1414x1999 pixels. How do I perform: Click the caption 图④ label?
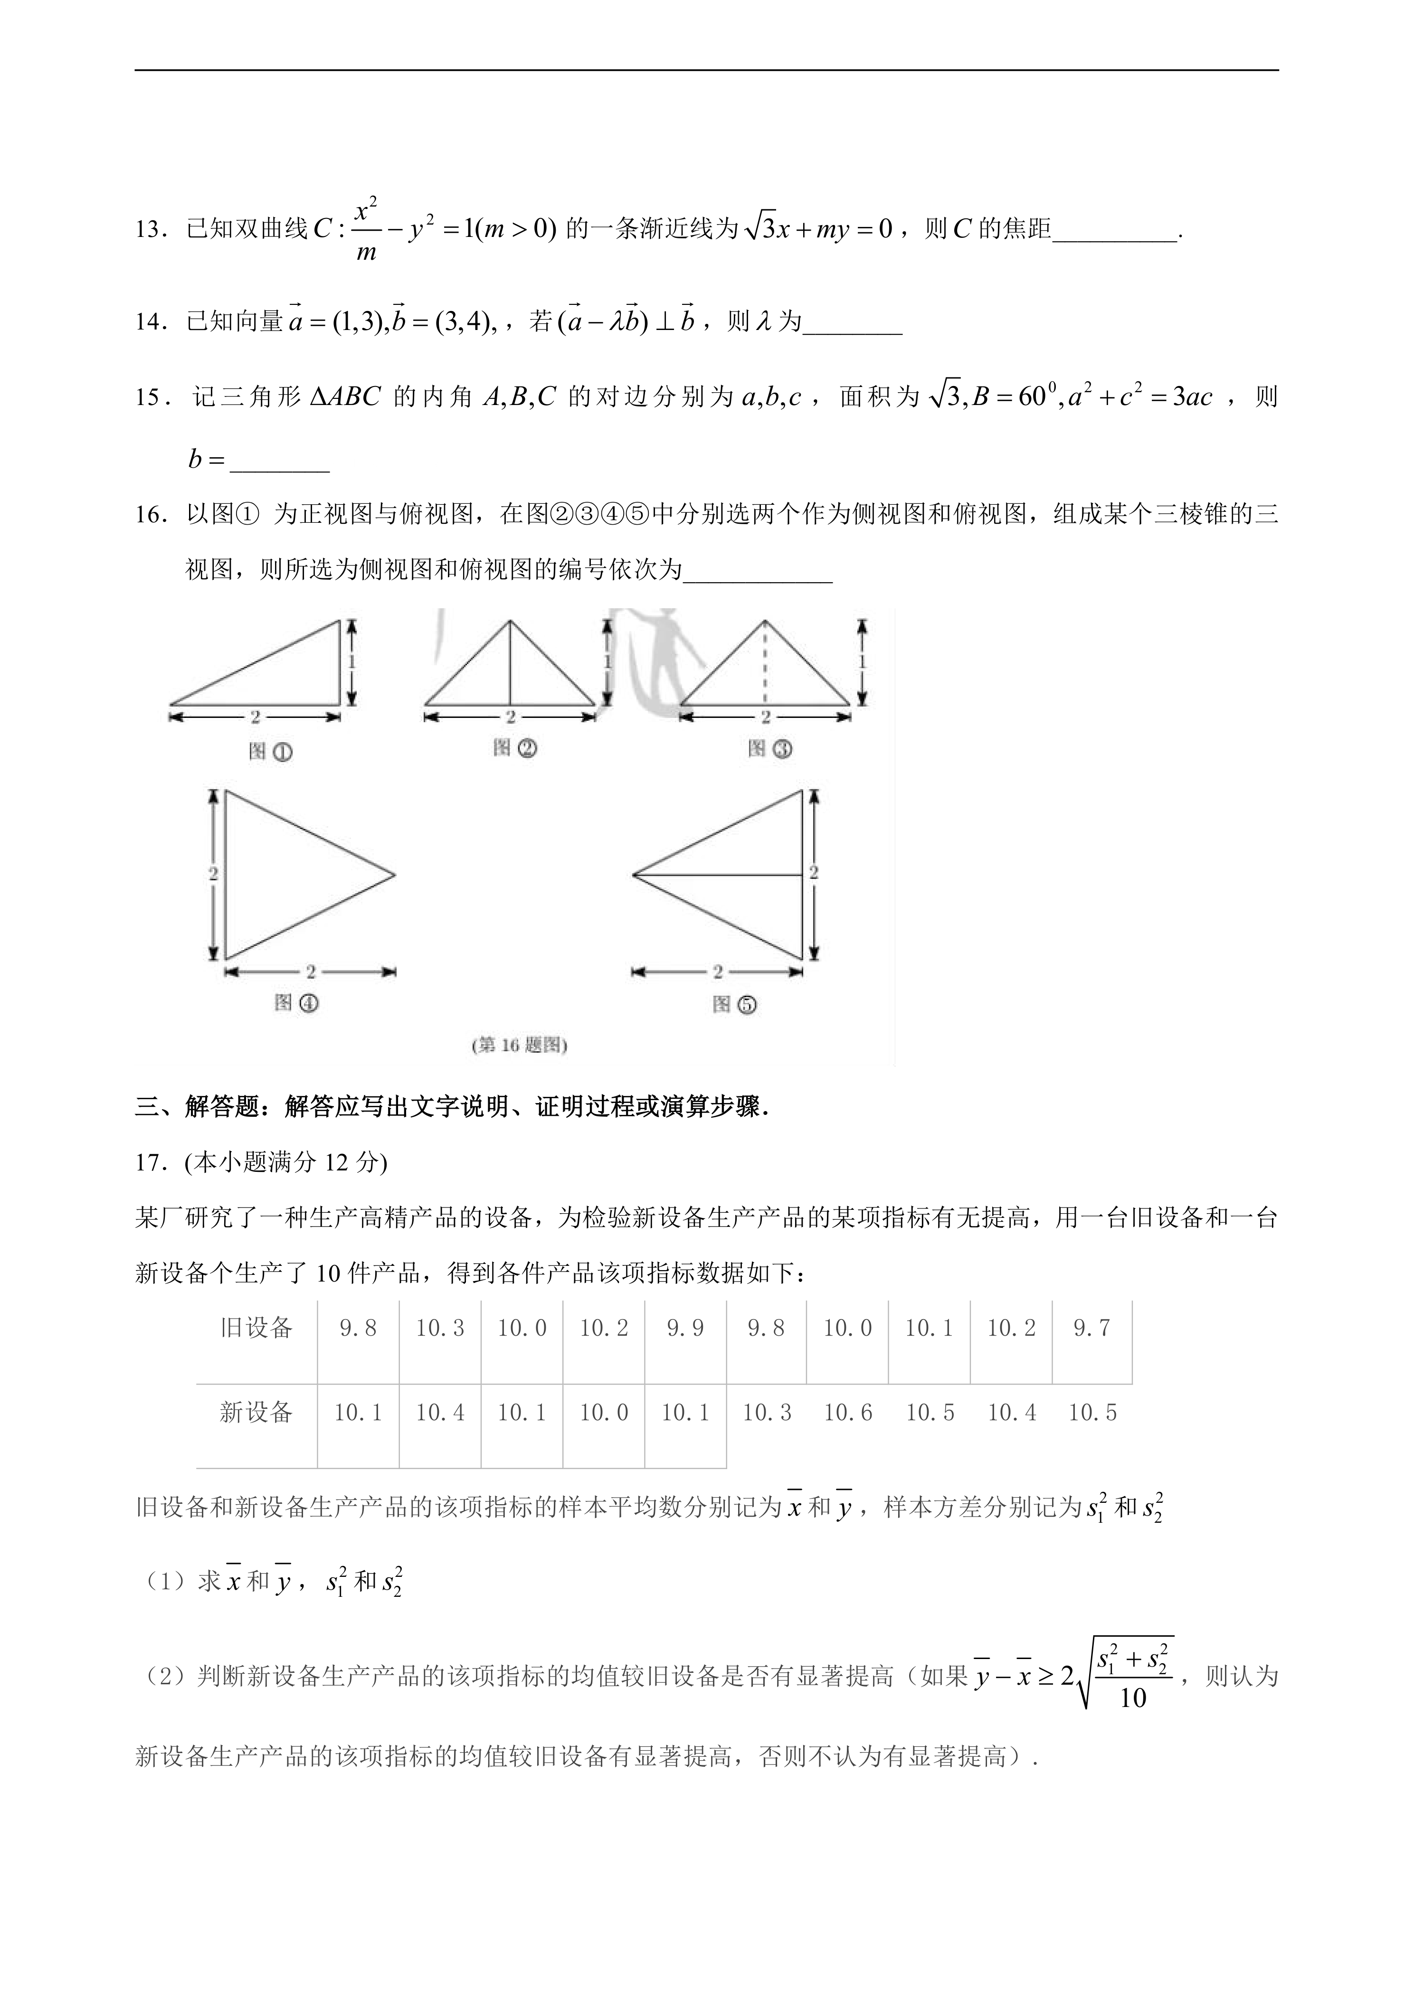[296, 1003]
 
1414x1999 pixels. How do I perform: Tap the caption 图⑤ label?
[734, 1004]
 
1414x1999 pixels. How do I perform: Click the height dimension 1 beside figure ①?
[352, 662]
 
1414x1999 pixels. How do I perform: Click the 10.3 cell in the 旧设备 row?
[440, 1328]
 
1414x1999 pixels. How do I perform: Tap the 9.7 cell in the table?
[1092, 1328]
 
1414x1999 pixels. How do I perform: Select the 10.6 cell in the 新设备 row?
[848, 1412]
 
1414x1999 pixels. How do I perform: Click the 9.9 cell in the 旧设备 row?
[685, 1328]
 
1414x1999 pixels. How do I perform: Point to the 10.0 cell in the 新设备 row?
[603, 1412]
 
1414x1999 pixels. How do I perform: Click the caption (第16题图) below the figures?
[519, 1046]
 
